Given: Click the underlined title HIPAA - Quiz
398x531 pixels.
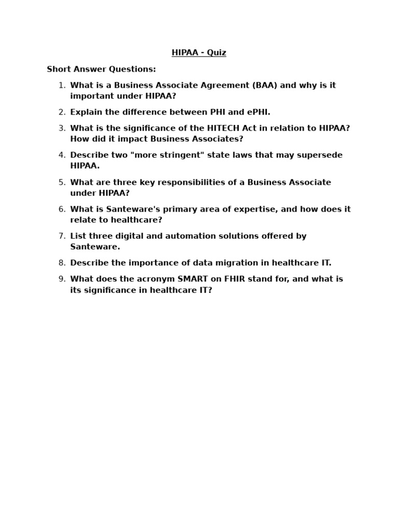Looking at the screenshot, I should point(199,53).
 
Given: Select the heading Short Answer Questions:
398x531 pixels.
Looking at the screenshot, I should point(101,69).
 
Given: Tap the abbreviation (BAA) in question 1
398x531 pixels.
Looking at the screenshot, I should point(265,86).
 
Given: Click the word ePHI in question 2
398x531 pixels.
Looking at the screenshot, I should point(259,112).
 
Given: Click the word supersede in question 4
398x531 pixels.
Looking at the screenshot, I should point(323,155).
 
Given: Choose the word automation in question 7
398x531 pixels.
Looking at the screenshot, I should point(194,236).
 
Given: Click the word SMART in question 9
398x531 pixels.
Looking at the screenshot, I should point(193,279).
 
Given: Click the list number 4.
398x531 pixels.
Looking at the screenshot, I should point(62,155).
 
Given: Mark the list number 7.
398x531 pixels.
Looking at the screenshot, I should point(62,236).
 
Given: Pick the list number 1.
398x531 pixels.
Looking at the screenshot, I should point(62,86).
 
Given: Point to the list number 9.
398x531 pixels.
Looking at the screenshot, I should point(62,279).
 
